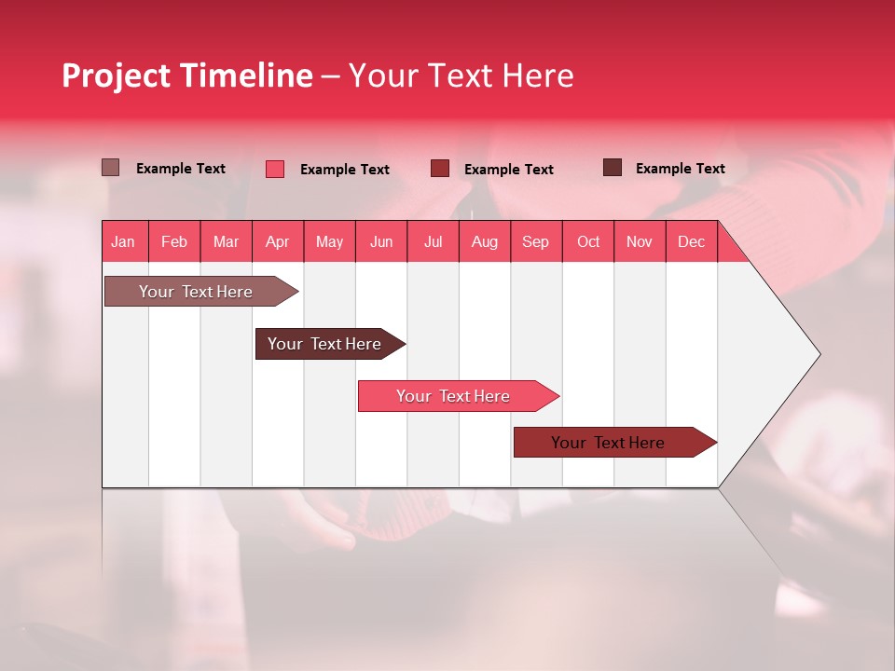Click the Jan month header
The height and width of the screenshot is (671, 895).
pos(123,241)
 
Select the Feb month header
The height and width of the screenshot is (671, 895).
pos(174,241)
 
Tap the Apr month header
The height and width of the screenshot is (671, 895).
pos(277,241)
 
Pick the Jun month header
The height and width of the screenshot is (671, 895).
pos(380,241)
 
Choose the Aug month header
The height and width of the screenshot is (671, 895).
pos(484,241)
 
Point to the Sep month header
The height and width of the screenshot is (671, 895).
pos(535,241)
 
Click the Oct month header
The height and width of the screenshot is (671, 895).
pos(587,241)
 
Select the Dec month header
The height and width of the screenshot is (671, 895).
pos(691,241)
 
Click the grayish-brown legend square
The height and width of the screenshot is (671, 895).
pos(110,168)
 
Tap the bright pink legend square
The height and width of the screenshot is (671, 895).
pos(275,169)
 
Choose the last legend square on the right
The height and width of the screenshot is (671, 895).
pos(613,168)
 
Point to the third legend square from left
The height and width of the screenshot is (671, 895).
pos(440,169)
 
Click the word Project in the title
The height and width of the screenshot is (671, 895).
pos(117,75)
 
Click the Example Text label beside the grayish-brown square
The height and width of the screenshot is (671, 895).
pos(181,169)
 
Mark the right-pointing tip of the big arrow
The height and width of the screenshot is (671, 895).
pos(819,354)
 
